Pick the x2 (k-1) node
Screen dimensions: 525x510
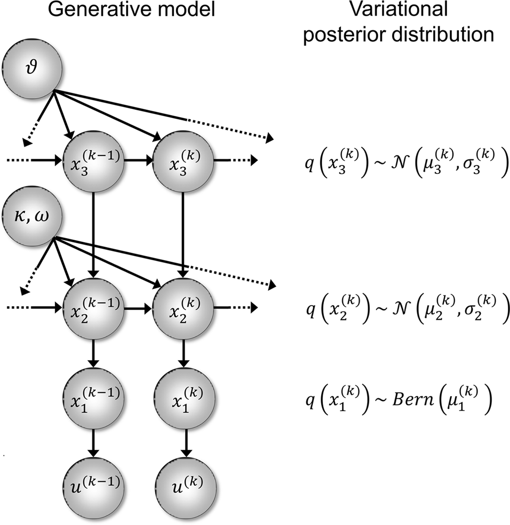pyautogui.click(x=93, y=307)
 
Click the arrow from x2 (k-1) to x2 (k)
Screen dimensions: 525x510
pyautogui.click(x=138, y=307)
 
